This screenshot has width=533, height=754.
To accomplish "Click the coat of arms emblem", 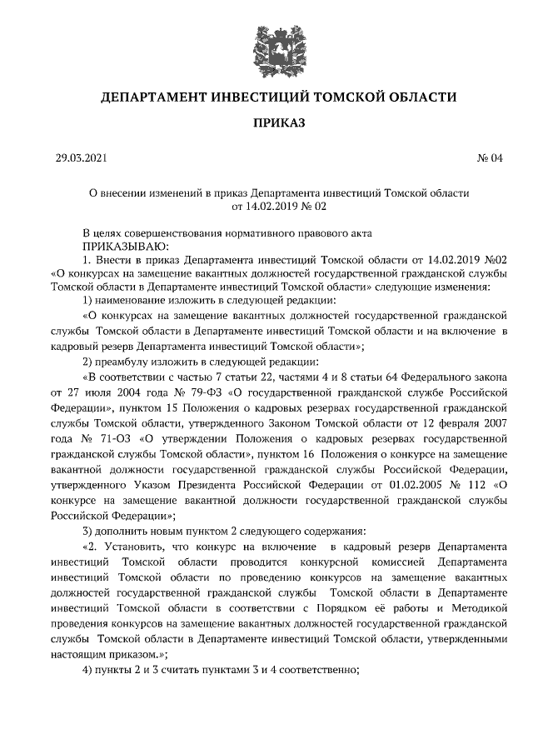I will click(x=266, y=42).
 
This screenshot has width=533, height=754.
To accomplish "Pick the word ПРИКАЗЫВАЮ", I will click(x=125, y=247).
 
